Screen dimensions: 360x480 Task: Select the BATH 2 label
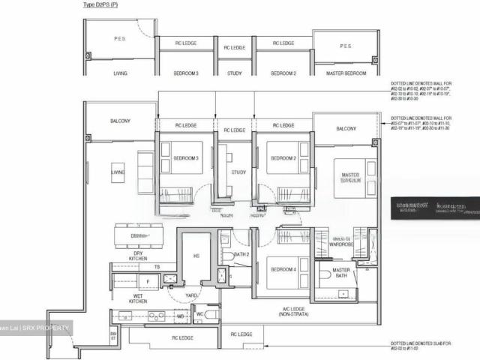click(241, 255)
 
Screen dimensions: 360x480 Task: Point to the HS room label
click(196, 256)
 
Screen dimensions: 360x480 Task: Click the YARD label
click(191, 295)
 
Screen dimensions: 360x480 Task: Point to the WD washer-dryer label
click(180, 316)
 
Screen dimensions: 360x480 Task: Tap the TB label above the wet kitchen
click(157, 266)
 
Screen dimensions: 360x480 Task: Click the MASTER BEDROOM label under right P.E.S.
click(346, 73)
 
